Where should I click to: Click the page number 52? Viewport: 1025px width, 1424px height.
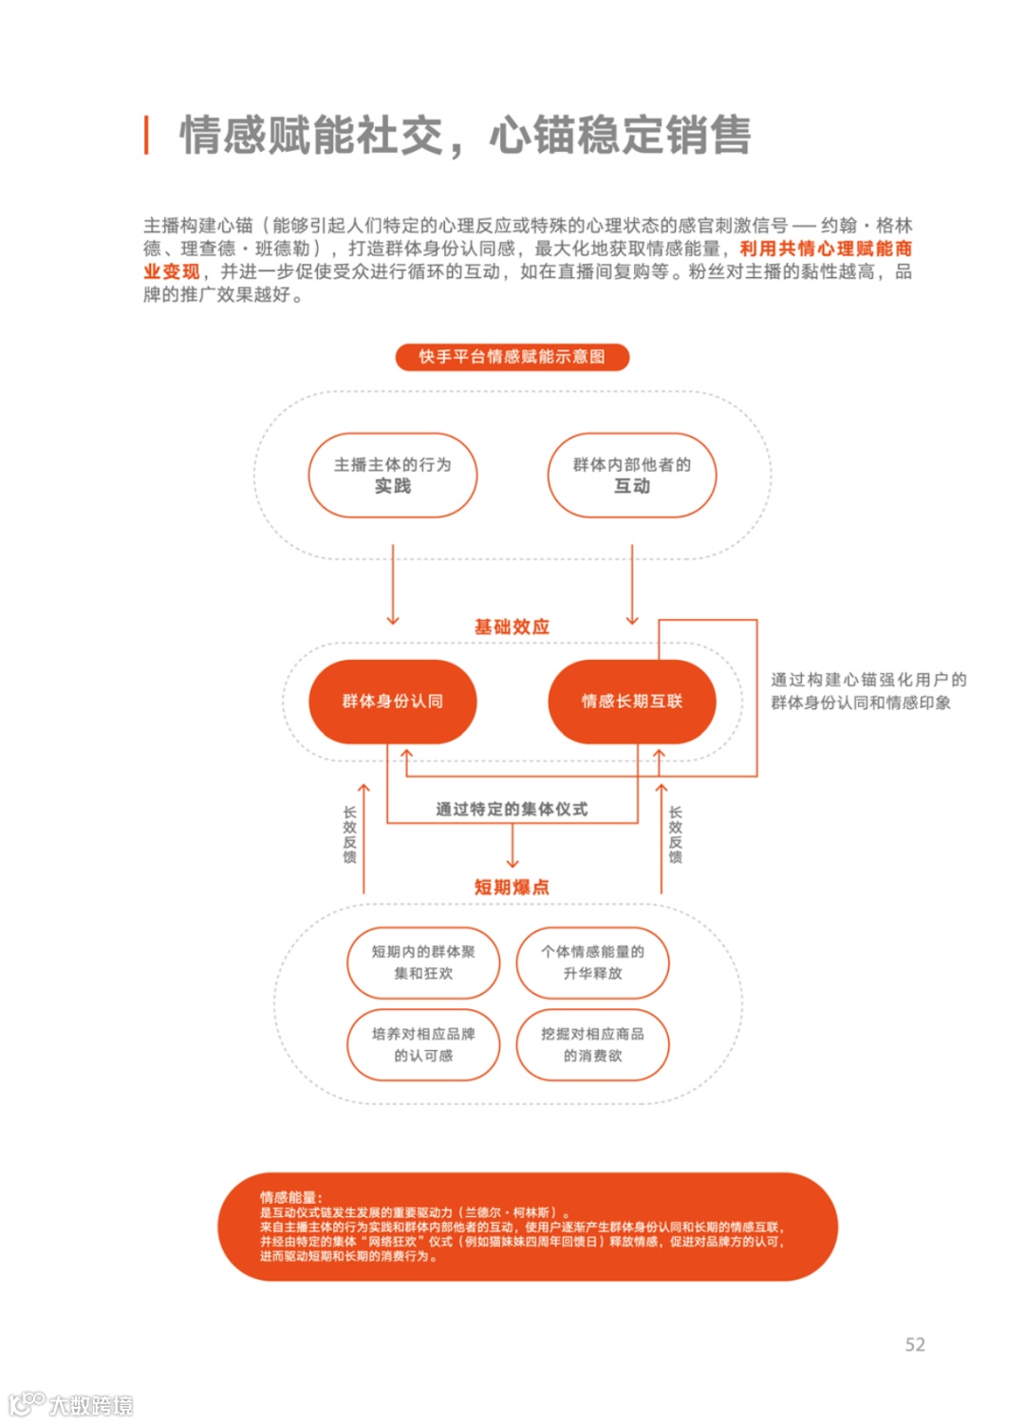point(915,1344)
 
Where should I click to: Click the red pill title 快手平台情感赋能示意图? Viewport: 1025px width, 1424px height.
point(512,357)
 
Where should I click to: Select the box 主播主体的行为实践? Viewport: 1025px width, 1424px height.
point(392,476)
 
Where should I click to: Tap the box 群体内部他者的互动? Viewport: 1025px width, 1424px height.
point(632,476)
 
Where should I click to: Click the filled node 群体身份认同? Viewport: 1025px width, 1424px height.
point(392,702)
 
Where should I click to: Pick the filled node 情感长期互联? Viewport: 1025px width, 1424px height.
point(632,702)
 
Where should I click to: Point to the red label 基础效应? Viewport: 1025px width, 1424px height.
point(512,627)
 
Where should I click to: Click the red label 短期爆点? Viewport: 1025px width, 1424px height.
point(512,887)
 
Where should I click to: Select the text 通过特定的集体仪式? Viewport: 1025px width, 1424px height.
point(512,809)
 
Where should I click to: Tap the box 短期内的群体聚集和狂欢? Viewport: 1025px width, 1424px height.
point(423,963)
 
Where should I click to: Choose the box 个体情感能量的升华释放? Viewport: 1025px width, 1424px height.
point(592,963)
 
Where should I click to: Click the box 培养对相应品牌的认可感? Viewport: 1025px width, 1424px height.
point(423,1045)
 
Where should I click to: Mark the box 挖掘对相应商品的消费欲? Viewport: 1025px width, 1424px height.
point(592,1045)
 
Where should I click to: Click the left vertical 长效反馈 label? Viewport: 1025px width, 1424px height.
point(349,834)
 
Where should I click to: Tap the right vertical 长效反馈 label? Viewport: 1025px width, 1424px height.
point(676,834)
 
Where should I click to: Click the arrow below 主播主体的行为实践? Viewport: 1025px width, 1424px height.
point(393,585)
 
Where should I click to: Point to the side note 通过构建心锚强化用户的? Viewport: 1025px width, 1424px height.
point(868,680)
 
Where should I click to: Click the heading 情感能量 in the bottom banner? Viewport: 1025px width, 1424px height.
point(290,1197)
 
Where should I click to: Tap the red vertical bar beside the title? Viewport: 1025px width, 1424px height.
point(146,135)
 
